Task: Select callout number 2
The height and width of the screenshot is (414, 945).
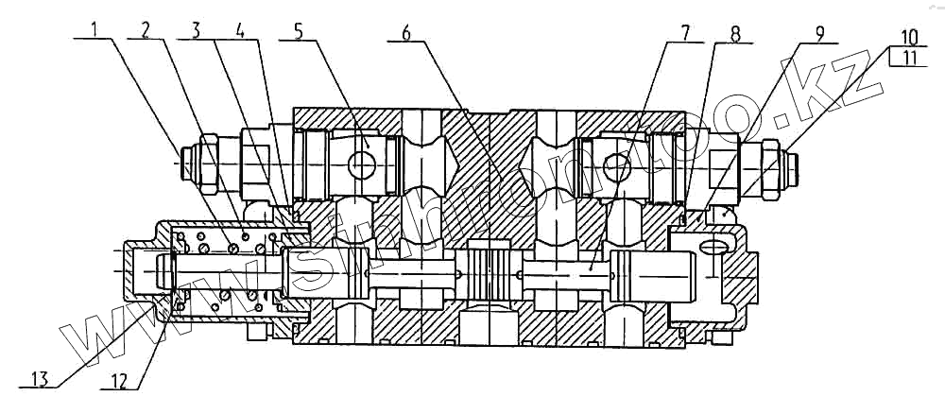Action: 145,29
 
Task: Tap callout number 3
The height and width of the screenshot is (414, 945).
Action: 196,29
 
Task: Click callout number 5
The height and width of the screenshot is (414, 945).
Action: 299,29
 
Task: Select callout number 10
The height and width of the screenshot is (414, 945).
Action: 909,39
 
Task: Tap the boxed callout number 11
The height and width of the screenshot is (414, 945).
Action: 909,59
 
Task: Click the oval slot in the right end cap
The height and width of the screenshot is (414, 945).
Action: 712,247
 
